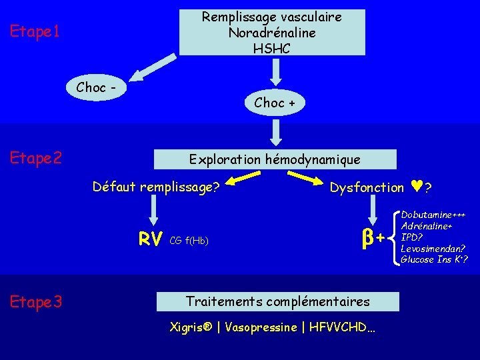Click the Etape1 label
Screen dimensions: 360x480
point(35,31)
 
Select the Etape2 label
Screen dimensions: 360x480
point(37,158)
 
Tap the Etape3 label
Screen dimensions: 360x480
point(37,302)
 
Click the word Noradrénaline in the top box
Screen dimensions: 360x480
point(272,32)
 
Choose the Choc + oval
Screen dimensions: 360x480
point(275,102)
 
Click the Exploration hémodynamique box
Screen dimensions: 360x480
point(275,159)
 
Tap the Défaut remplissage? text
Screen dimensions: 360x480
point(156,187)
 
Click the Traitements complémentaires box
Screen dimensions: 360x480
point(277,301)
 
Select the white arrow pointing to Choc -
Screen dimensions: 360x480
point(150,67)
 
